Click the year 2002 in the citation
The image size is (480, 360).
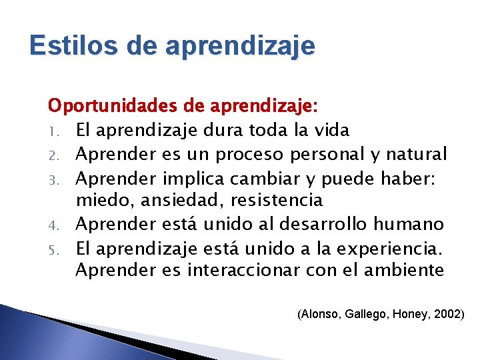[447, 313]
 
